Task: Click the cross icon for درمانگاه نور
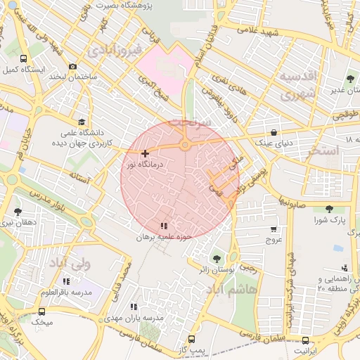145,153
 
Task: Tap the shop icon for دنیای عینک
273,132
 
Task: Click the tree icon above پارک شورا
329,208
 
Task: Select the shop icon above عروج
273,229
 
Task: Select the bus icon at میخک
41,311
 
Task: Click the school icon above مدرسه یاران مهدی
134,307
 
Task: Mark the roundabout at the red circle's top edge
184,146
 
